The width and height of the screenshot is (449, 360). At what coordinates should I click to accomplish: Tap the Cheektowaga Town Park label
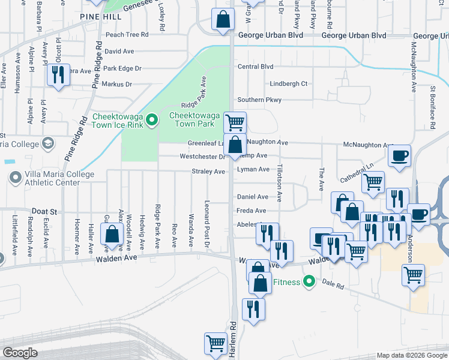pos(191,119)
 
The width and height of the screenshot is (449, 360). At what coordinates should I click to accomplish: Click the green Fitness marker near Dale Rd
pos(309,281)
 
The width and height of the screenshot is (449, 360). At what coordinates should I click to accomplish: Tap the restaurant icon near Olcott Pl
pos(58,74)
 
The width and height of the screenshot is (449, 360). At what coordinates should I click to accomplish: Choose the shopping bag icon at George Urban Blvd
pos(223,19)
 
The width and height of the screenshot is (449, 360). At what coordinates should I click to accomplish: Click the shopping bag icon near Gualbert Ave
pos(112,234)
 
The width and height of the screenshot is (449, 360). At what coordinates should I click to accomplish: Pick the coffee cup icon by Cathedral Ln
pos(399,157)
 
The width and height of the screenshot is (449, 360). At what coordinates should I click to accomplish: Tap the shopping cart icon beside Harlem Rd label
pos(215,344)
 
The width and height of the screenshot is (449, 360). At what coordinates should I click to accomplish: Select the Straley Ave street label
pos(208,172)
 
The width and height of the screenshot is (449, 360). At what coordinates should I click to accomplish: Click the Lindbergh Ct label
pos(288,84)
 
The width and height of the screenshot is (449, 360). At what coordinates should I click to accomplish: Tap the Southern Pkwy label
pos(259,100)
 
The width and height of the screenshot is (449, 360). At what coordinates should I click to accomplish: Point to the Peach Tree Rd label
pos(127,35)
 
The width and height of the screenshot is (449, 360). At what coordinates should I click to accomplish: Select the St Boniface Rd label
pos(432,107)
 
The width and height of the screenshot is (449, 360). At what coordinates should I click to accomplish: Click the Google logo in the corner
pos(20,353)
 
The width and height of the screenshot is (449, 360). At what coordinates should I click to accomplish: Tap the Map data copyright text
pos(412,355)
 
